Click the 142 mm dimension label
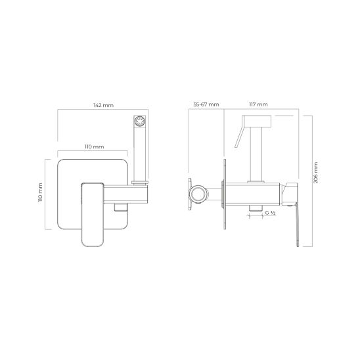103,105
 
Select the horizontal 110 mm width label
95,146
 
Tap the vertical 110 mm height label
40,192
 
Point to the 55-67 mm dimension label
206,104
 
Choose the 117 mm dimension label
259,104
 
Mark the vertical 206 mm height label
316,173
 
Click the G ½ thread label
270,213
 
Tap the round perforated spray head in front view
139,121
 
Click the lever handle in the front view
93,214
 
